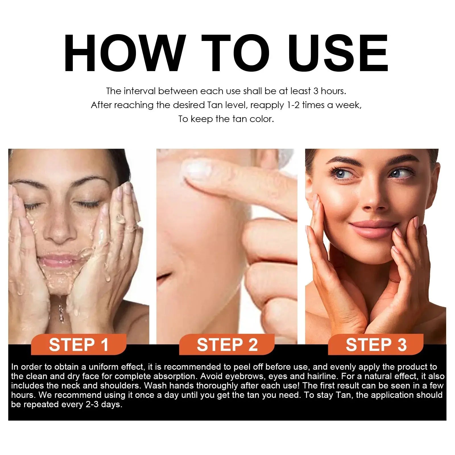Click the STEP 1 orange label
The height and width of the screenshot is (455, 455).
click(x=79, y=345)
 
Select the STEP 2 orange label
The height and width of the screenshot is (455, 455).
click(x=227, y=345)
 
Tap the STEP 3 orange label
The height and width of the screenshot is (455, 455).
click(x=376, y=345)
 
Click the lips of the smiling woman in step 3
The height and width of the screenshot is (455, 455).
click(x=371, y=229)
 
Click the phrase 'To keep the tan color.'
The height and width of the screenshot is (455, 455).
click(x=226, y=119)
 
